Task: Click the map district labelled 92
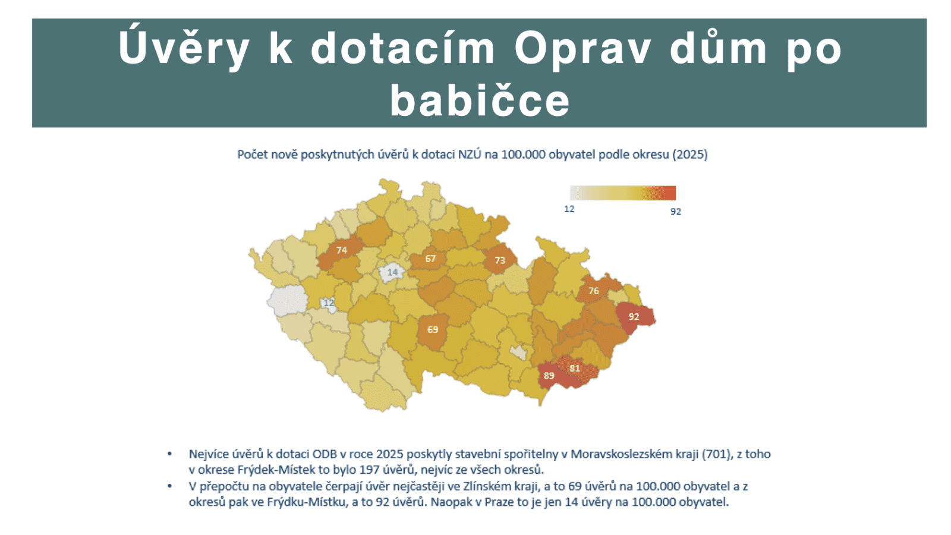point(634,316)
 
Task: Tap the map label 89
point(549,376)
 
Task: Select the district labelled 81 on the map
point(575,368)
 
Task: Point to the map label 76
point(594,291)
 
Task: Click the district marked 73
point(500,260)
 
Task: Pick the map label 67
point(430,259)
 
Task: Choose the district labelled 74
point(341,250)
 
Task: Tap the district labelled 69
point(433,329)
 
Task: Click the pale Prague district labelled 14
point(392,272)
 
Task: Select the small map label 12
point(329,303)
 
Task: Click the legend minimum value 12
point(569,209)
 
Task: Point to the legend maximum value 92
point(676,212)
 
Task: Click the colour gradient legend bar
point(623,193)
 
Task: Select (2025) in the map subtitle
point(689,155)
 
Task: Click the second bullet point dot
point(170,486)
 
